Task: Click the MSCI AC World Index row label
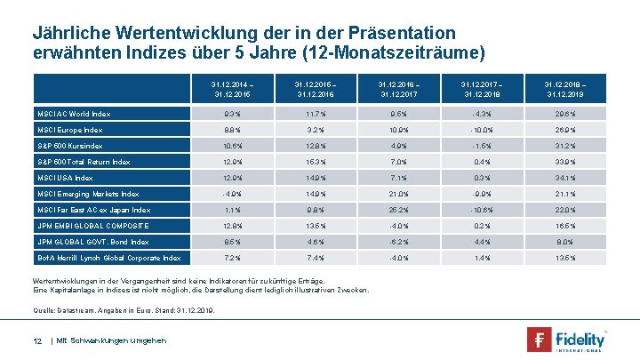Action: coord(73,114)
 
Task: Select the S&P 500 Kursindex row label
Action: coord(69,146)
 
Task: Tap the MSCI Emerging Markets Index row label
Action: coord(87,194)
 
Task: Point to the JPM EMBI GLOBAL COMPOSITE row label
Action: coord(93,226)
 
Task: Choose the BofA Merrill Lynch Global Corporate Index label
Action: coord(108,258)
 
